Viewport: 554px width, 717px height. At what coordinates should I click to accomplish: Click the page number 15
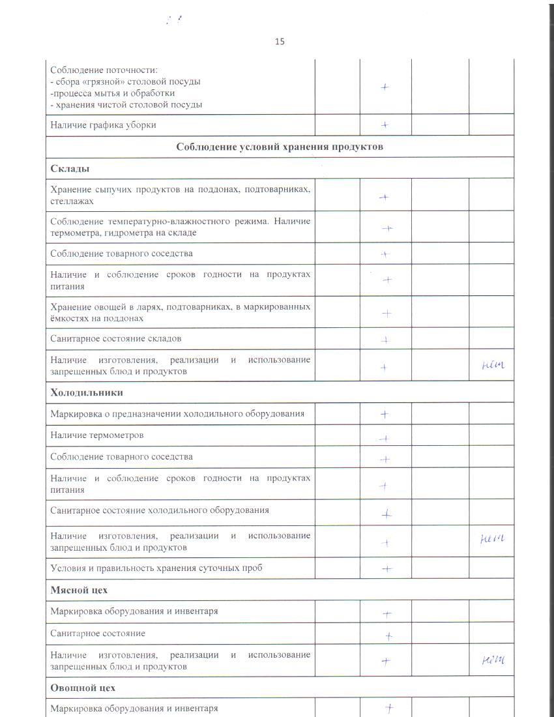coord(280,42)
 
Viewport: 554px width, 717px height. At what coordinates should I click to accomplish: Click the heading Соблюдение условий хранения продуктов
coord(280,147)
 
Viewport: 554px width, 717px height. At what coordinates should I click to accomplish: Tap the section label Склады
coord(70,169)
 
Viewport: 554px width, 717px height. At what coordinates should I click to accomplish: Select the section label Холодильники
coord(87,392)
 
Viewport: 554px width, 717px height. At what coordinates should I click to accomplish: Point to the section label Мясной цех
coord(79,590)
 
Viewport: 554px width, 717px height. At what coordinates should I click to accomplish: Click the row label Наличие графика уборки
coord(103,124)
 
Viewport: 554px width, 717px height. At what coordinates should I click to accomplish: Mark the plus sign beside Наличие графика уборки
coord(385,124)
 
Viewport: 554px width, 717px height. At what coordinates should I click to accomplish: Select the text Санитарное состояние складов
coord(116,338)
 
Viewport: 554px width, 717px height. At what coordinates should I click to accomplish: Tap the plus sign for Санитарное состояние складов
coord(385,339)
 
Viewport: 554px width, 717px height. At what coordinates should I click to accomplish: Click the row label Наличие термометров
coord(97,435)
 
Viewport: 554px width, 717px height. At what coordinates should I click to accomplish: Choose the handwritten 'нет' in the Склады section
coord(491,366)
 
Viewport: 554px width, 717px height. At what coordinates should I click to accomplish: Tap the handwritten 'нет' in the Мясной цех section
coord(491,661)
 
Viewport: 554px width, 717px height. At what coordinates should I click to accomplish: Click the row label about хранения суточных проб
coord(156,568)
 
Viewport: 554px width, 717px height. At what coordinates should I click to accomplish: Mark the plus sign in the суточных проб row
coord(386,568)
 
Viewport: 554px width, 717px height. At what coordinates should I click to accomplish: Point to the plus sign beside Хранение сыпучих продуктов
coord(385,197)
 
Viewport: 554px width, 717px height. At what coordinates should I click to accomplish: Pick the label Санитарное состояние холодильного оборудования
coord(160,510)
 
